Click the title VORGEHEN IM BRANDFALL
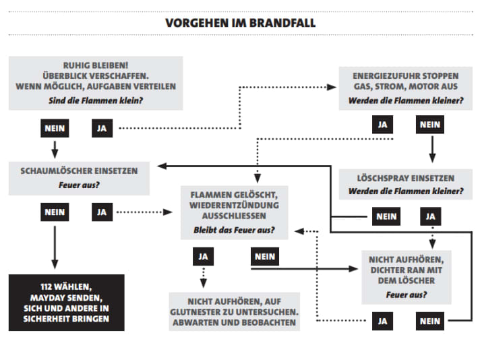tap(240, 23)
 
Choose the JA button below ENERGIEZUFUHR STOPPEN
tap(382, 124)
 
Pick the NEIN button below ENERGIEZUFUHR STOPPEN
tap(429, 124)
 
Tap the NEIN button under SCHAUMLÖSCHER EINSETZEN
tap(55, 212)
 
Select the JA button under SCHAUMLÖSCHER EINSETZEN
tap(102, 212)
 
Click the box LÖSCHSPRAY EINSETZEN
tap(406, 184)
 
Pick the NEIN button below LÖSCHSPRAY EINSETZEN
tap(386, 216)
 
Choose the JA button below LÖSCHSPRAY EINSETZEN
tap(430, 216)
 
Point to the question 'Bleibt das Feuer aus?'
tap(234, 231)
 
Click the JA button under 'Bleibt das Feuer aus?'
tap(202, 256)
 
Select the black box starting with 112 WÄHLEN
tap(67, 303)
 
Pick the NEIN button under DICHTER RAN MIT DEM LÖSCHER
tap(429, 321)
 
